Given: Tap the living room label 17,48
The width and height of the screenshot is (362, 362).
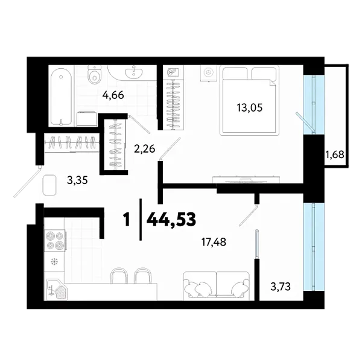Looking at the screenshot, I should (215, 243).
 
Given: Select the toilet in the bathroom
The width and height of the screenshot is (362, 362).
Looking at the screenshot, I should (94, 75).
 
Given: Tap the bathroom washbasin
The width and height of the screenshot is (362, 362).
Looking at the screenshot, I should (134, 74).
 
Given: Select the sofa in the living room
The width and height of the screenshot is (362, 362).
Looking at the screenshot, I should (215, 284).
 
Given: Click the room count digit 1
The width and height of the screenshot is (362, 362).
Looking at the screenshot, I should (126, 219).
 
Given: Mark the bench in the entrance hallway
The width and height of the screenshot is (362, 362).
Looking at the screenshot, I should (49, 185).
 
